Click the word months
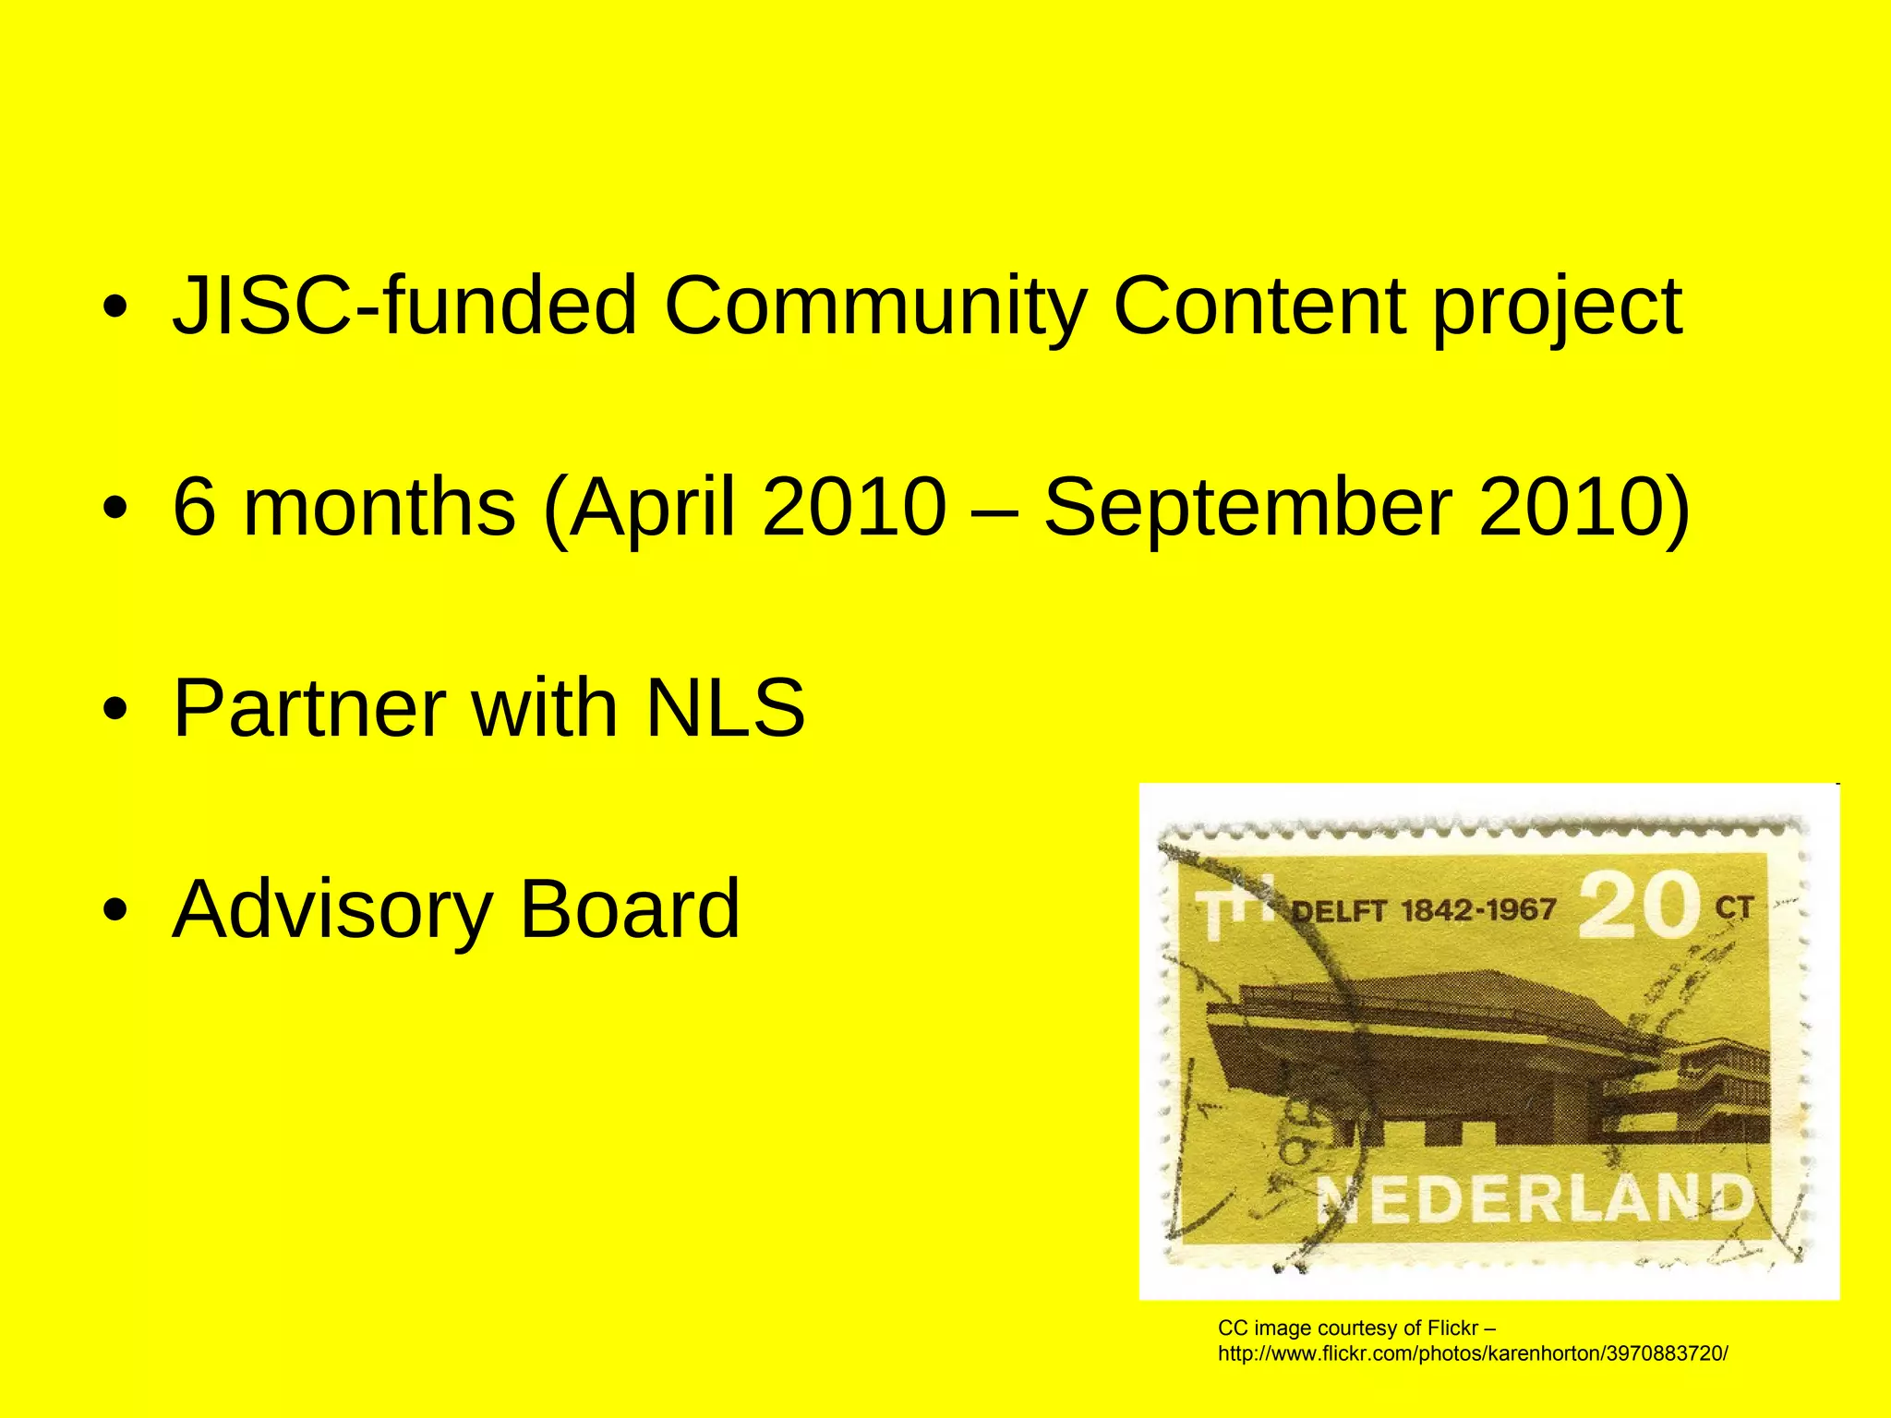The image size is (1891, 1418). pos(379,507)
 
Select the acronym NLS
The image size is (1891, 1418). pos(725,708)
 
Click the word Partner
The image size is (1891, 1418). pos(310,708)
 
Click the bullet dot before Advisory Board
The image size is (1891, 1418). pos(114,911)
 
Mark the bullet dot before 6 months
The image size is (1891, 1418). pos(114,508)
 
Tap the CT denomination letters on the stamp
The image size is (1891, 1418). pos(1733,908)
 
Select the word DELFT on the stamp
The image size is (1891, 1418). pos(1338,912)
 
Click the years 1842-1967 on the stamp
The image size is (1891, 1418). pos(1478,911)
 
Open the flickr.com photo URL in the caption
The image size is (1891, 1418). pos(1473,1354)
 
